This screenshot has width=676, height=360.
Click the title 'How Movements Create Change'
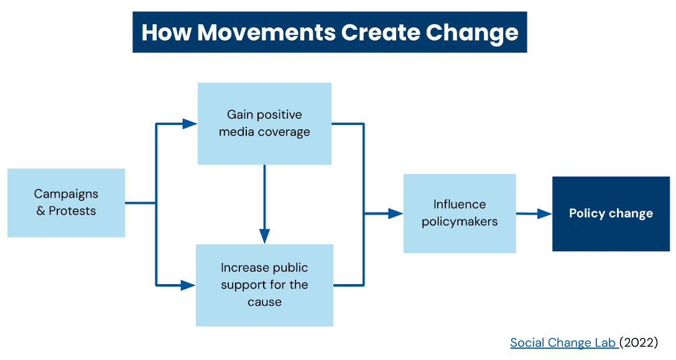point(330,32)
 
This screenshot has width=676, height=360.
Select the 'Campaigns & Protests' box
point(67,203)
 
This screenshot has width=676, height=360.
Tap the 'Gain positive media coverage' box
point(264,124)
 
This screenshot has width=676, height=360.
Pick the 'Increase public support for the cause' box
point(264,285)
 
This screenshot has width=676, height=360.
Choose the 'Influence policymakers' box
point(460,213)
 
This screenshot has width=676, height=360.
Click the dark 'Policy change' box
point(611,214)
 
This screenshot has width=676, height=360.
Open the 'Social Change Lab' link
point(564,343)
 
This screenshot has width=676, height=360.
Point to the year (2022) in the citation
point(639,343)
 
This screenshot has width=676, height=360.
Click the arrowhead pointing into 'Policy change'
point(545,213)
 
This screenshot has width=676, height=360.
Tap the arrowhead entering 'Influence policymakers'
point(396,213)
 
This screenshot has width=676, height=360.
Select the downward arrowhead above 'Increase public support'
point(265,236)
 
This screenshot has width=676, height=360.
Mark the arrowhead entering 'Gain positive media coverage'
point(190,124)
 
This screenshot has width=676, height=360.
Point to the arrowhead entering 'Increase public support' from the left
point(188,285)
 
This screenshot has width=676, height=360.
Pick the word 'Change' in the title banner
point(472,33)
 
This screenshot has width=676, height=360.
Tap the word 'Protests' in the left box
point(72,211)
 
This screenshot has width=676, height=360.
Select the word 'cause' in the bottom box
point(265,302)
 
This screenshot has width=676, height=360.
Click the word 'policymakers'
point(460,221)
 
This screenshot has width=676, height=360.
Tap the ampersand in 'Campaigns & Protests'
point(40,211)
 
